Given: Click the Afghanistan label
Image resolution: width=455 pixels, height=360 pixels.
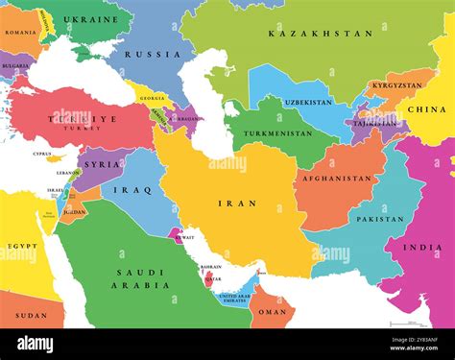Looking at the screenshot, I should pyautogui.click(x=337, y=178).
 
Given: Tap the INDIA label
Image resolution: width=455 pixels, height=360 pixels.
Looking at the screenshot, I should pyautogui.click(x=422, y=248).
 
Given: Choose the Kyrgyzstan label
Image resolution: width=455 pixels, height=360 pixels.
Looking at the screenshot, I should pyautogui.click(x=395, y=85).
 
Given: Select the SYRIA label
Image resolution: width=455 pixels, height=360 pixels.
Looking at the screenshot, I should pyautogui.click(x=104, y=164).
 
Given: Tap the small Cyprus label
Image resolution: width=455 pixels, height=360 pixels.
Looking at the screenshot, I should pyautogui.click(x=42, y=154).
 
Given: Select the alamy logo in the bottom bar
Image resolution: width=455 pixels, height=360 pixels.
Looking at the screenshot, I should pyautogui.click(x=35, y=344).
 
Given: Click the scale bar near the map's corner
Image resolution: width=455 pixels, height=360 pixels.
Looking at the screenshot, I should pyautogui.click(x=403, y=324).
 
